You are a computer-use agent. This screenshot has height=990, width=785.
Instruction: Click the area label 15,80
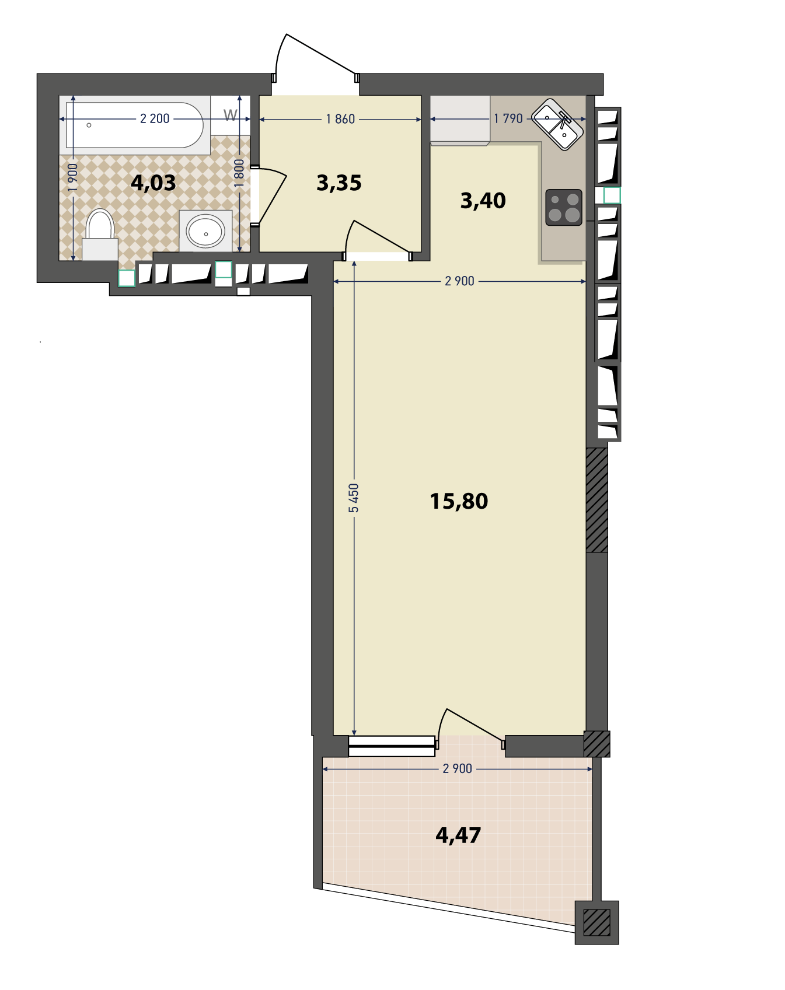coord(459,501)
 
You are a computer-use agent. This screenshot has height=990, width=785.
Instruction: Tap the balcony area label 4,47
coord(458,835)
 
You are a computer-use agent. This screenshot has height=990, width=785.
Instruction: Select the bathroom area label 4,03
coord(153,183)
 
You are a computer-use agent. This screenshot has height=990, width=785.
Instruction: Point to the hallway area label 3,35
coord(339,183)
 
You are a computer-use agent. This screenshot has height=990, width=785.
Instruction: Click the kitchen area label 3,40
coord(483,201)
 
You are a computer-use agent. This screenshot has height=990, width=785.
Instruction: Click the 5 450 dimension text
coord(354,498)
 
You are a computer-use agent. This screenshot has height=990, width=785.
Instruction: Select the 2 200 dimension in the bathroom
coord(155,118)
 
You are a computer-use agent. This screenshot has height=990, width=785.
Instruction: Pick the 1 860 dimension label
coord(340,119)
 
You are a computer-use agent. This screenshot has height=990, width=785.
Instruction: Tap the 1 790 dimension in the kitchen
coord(508,118)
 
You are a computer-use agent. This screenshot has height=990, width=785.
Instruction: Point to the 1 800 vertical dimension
coord(239,173)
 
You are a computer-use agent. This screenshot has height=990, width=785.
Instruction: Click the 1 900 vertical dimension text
coord(72,178)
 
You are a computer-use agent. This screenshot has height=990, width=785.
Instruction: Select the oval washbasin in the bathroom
coord(205,231)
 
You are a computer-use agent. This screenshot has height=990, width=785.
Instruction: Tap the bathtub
coord(135,125)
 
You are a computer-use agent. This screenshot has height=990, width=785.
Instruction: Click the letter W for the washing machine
coord(231,116)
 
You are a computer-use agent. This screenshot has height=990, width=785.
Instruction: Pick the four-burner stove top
coord(564,208)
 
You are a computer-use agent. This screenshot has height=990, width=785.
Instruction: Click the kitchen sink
coord(558,124)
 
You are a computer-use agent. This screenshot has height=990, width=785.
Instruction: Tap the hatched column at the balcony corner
coord(597,923)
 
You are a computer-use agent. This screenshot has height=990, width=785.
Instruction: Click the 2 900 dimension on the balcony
coord(458,769)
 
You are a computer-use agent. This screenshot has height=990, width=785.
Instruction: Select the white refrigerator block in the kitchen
coord(460,120)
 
